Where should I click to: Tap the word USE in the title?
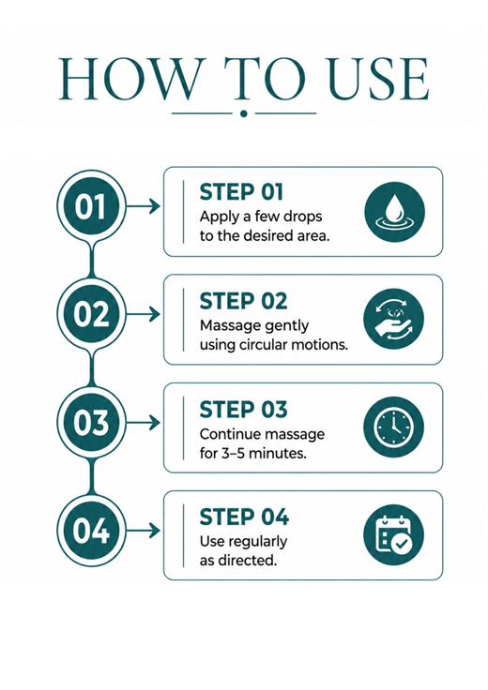[379, 79]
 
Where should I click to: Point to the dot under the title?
[244, 113]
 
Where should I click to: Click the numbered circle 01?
[91, 206]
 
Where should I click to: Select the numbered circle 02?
[91, 314]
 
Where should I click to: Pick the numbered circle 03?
[91, 422]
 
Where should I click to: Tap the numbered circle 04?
[91, 531]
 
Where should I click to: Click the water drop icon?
[395, 212]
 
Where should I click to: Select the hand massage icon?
[394, 319]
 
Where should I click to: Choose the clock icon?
[394, 427]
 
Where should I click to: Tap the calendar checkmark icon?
[394, 535]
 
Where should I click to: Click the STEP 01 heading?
[241, 192]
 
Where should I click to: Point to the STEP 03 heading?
[243, 410]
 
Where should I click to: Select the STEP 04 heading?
[244, 517]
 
